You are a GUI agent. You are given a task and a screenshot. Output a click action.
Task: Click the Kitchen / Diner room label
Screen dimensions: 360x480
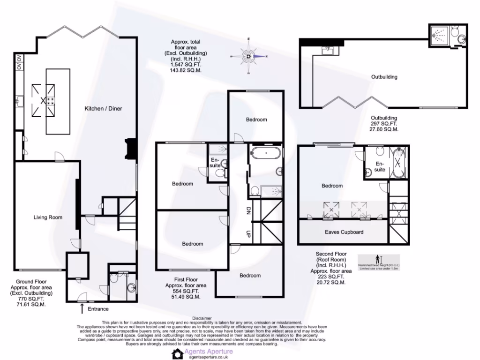pyautogui.click(x=103, y=109)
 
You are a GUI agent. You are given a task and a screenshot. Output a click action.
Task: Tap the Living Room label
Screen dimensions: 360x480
pyautogui.click(x=48, y=217)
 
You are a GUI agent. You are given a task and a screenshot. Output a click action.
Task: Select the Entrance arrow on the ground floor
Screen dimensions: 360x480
pyautogui.click(x=82, y=308)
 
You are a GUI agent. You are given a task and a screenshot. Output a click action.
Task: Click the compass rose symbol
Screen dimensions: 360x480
pyautogui.click(x=249, y=56)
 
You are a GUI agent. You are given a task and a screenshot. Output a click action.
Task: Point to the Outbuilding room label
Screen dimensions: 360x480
pyautogui.click(x=384, y=77)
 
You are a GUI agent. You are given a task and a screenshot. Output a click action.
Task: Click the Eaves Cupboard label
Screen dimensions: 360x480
pyautogui.click(x=344, y=232)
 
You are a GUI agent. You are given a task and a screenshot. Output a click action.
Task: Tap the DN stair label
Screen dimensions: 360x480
pyautogui.click(x=249, y=212)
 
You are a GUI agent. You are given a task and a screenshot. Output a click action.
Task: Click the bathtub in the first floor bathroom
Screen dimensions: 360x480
pyautogui.click(x=265, y=153)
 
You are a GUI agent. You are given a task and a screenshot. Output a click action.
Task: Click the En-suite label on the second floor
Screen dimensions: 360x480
pyautogui.click(x=380, y=166)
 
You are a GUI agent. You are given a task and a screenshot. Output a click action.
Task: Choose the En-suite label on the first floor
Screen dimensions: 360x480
pyautogui.click(x=214, y=163)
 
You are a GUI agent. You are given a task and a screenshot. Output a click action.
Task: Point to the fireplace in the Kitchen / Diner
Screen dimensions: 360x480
pyautogui.click(x=130, y=150)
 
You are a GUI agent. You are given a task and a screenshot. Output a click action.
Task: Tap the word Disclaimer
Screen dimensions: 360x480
pyautogui.click(x=202, y=318)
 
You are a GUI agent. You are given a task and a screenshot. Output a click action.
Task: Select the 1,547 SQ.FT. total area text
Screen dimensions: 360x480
pyautogui.click(x=186, y=65)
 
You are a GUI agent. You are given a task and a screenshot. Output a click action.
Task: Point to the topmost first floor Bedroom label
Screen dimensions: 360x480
pyautogui.click(x=256, y=120)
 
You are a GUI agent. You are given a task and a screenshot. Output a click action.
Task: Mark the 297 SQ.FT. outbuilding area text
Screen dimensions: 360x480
pyautogui.click(x=384, y=123)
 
